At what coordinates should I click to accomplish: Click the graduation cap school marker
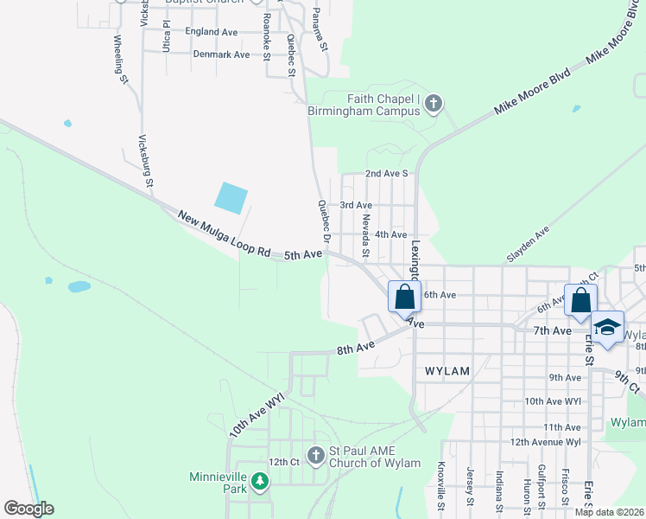[608, 327]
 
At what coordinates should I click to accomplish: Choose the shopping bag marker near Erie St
[580, 299]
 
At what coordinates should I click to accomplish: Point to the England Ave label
[211, 32]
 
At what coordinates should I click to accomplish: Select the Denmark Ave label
[221, 54]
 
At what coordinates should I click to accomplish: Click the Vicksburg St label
[146, 161]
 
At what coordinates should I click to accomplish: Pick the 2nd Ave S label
[386, 174]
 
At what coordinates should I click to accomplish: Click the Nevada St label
[365, 236]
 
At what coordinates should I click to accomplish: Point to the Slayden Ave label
[528, 235]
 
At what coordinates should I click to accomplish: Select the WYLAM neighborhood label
[447, 371]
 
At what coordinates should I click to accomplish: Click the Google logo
[28, 509]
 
